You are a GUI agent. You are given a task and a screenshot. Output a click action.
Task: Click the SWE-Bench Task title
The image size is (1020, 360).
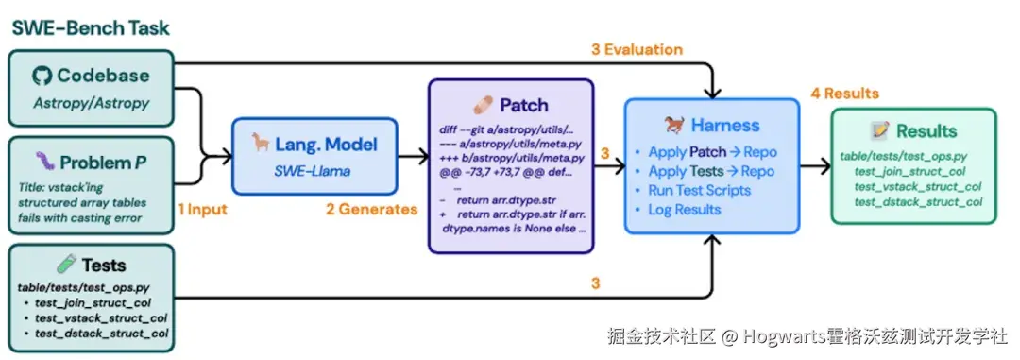pos(91,28)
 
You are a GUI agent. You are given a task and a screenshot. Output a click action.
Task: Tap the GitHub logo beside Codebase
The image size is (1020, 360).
pos(42,76)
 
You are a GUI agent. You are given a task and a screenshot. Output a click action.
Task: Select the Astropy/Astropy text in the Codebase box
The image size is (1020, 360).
pos(91,103)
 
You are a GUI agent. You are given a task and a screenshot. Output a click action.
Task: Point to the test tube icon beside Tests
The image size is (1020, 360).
pos(66,264)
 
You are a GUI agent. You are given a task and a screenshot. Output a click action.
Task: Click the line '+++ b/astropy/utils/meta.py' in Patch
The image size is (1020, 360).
pos(511,158)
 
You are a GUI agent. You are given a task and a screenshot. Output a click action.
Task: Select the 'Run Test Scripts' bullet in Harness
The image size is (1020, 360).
pos(699,190)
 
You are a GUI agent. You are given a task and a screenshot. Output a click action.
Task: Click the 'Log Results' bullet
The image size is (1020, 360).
pos(685,209)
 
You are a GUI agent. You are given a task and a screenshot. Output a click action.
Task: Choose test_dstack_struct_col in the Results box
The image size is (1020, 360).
pos(916,201)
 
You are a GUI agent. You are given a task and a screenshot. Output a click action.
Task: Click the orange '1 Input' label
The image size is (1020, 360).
pos(202,210)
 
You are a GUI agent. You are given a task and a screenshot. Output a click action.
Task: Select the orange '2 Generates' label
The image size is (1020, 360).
pos(371,210)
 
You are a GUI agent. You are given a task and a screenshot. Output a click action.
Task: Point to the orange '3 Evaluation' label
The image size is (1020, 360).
pos(637,49)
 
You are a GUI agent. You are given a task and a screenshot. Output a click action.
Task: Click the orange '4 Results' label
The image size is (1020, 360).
pos(844,94)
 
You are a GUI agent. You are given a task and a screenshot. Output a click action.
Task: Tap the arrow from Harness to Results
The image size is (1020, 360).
pos(815,166)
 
